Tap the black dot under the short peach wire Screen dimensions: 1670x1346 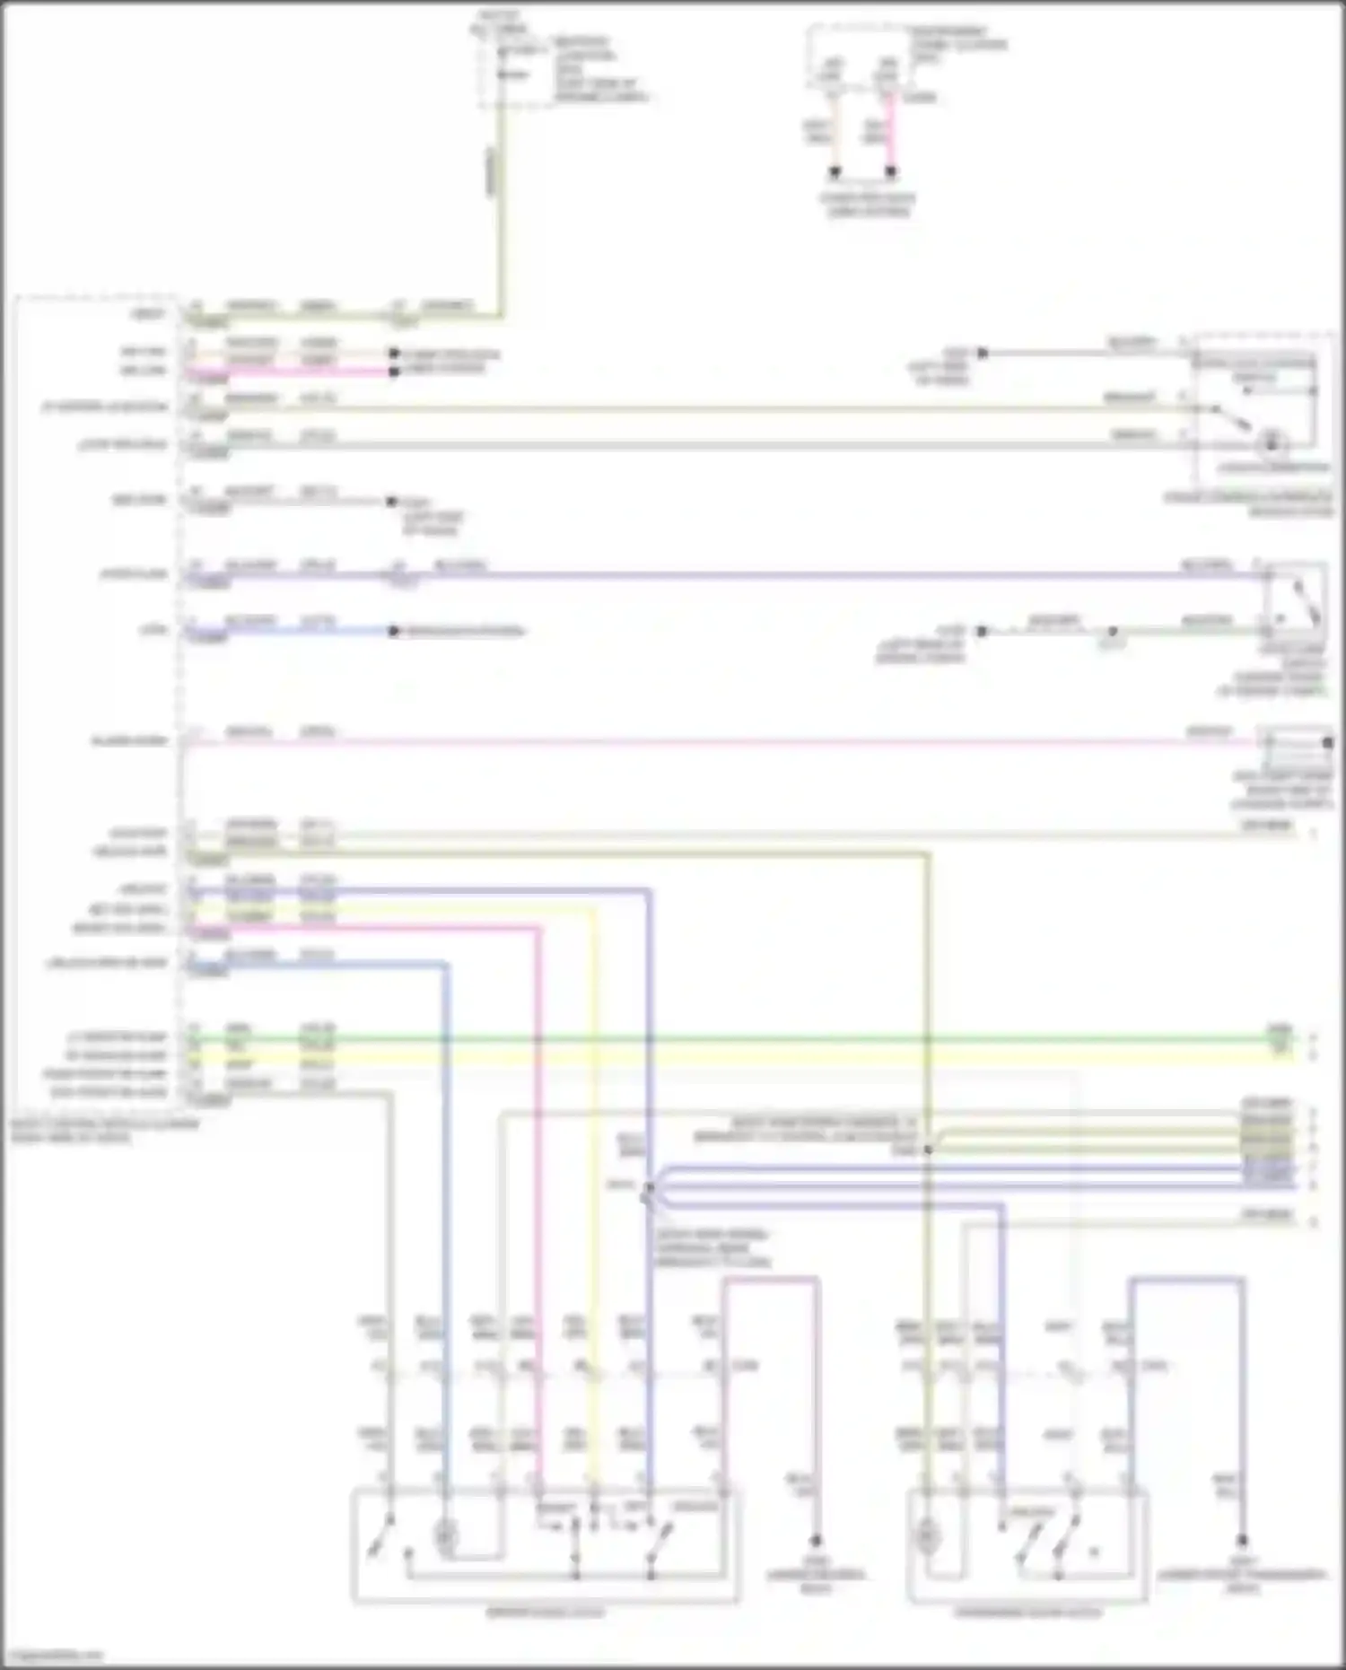835,171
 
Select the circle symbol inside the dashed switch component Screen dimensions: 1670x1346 1271,443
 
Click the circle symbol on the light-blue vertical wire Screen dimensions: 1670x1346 444,1537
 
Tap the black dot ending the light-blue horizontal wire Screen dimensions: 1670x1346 393,631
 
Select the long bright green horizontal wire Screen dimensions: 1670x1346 736,1039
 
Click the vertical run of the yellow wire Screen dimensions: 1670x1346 592,1167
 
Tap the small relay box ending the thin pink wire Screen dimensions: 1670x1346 1298,743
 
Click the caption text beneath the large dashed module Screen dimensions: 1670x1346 104,1131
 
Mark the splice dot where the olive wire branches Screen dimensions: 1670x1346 928,1150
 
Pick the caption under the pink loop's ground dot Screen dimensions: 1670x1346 815,1581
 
